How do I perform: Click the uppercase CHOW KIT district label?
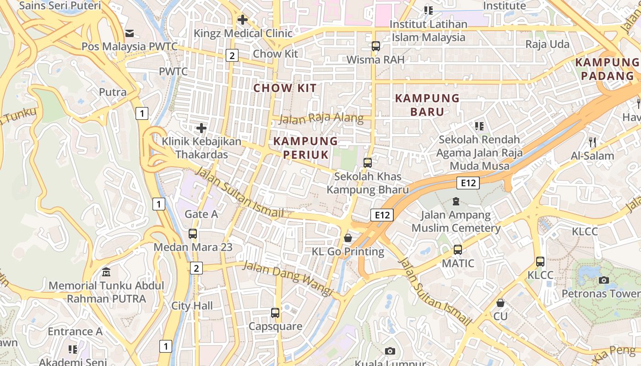tap(285, 88)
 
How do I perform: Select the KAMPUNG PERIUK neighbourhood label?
tap(306, 148)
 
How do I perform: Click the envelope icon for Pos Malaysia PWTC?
tap(130, 33)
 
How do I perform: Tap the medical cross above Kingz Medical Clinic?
tap(243, 20)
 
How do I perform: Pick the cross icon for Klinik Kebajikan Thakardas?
tap(201, 128)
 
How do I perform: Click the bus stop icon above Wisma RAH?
tap(376, 46)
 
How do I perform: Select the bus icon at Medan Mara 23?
tap(193, 234)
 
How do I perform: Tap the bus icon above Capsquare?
tap(275, 313)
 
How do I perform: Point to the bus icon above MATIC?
tap(457, 250)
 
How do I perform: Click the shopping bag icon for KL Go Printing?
tap(348, 238)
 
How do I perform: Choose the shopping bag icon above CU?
tap(500, 303)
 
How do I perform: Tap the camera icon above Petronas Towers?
tap(603, 280)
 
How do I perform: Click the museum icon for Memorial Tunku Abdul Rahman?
tap(106, 272)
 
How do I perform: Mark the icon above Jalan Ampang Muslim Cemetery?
tap(456, 201)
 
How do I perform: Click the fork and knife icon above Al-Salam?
tap(592, 142)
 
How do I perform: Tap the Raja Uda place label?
tap(547, 44)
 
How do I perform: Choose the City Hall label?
tap(192, 306)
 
